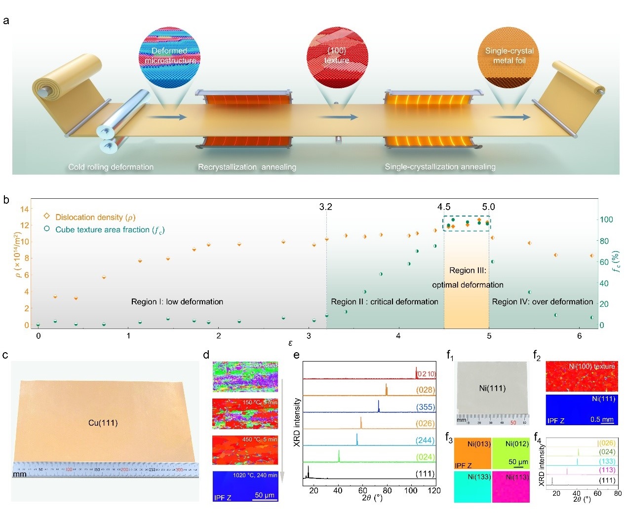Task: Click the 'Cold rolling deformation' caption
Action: click(111, 167)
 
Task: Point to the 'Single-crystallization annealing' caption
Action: click(440, 167)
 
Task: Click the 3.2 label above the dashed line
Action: click(325, 207)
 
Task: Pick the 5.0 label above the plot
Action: click(488, 207)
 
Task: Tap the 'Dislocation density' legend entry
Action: click(95, 217)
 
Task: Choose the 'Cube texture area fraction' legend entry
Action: click(110, 230)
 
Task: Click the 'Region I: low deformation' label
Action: click(177, 302)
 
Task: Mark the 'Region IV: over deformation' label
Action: click(543, 302)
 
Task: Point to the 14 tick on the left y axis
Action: click(25, 209)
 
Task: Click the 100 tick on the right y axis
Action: click(606, 220)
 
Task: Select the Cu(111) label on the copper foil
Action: click(103, 423)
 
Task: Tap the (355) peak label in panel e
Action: click(425, 407)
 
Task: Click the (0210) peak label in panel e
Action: click(426, 374)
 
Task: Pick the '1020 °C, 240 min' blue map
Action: click(245, 486)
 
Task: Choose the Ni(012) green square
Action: click(510, 453)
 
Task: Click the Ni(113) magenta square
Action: click(510, 487)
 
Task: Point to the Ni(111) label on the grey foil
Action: click(492, 388)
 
